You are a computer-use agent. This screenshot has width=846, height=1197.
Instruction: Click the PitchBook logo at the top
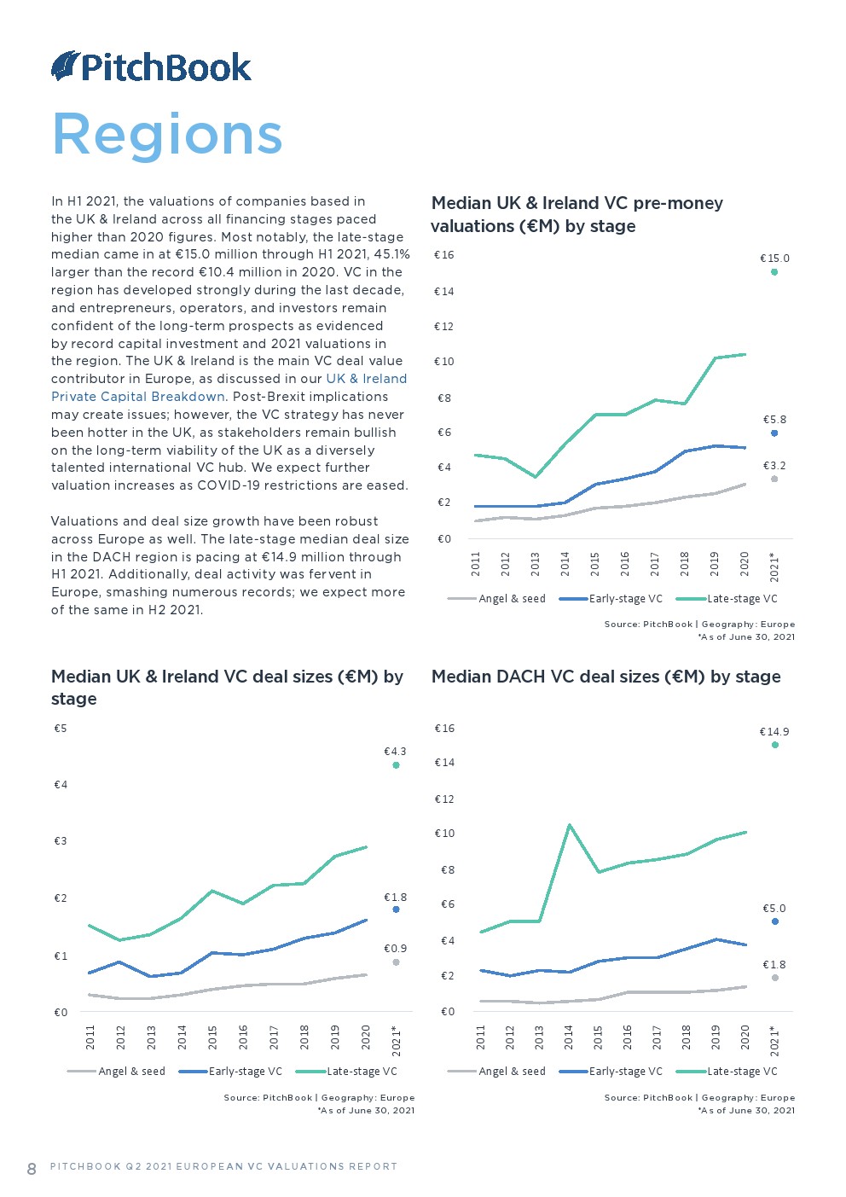coord(152,67)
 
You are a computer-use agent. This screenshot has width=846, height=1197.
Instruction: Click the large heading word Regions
coord(167,135)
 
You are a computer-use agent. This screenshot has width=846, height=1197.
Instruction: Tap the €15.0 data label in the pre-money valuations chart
coord(774,258)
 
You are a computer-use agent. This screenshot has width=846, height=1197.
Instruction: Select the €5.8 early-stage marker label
coord(774,420)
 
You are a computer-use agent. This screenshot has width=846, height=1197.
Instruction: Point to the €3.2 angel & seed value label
coord(774,466)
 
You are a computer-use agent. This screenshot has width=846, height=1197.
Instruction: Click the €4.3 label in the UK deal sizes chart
coord(395,752)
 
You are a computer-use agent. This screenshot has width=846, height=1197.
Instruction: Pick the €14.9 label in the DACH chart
coord(774,732)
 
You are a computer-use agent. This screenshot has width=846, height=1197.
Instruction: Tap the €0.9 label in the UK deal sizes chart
coord(395,949)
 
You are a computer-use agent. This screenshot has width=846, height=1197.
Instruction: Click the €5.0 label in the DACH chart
coord(774,909)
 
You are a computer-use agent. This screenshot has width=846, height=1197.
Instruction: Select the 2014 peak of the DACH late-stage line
coord(569,825)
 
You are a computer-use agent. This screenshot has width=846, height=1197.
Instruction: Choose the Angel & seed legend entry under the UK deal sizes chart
coord(131,1072)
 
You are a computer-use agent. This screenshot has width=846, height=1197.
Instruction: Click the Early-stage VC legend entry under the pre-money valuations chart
coord(625,599)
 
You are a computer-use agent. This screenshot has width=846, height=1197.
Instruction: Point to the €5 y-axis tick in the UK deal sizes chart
coord(61,729)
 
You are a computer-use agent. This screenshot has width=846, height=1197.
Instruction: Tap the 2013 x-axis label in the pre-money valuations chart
coord(536,563)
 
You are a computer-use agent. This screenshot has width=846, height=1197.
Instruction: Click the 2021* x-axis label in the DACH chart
coord(774,1040)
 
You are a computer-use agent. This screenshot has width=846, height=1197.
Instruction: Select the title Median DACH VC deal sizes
coord(606,677)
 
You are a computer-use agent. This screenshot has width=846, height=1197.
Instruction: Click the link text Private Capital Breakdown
coord(138,397)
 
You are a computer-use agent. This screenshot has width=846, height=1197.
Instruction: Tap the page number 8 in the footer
coord(32,1168)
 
